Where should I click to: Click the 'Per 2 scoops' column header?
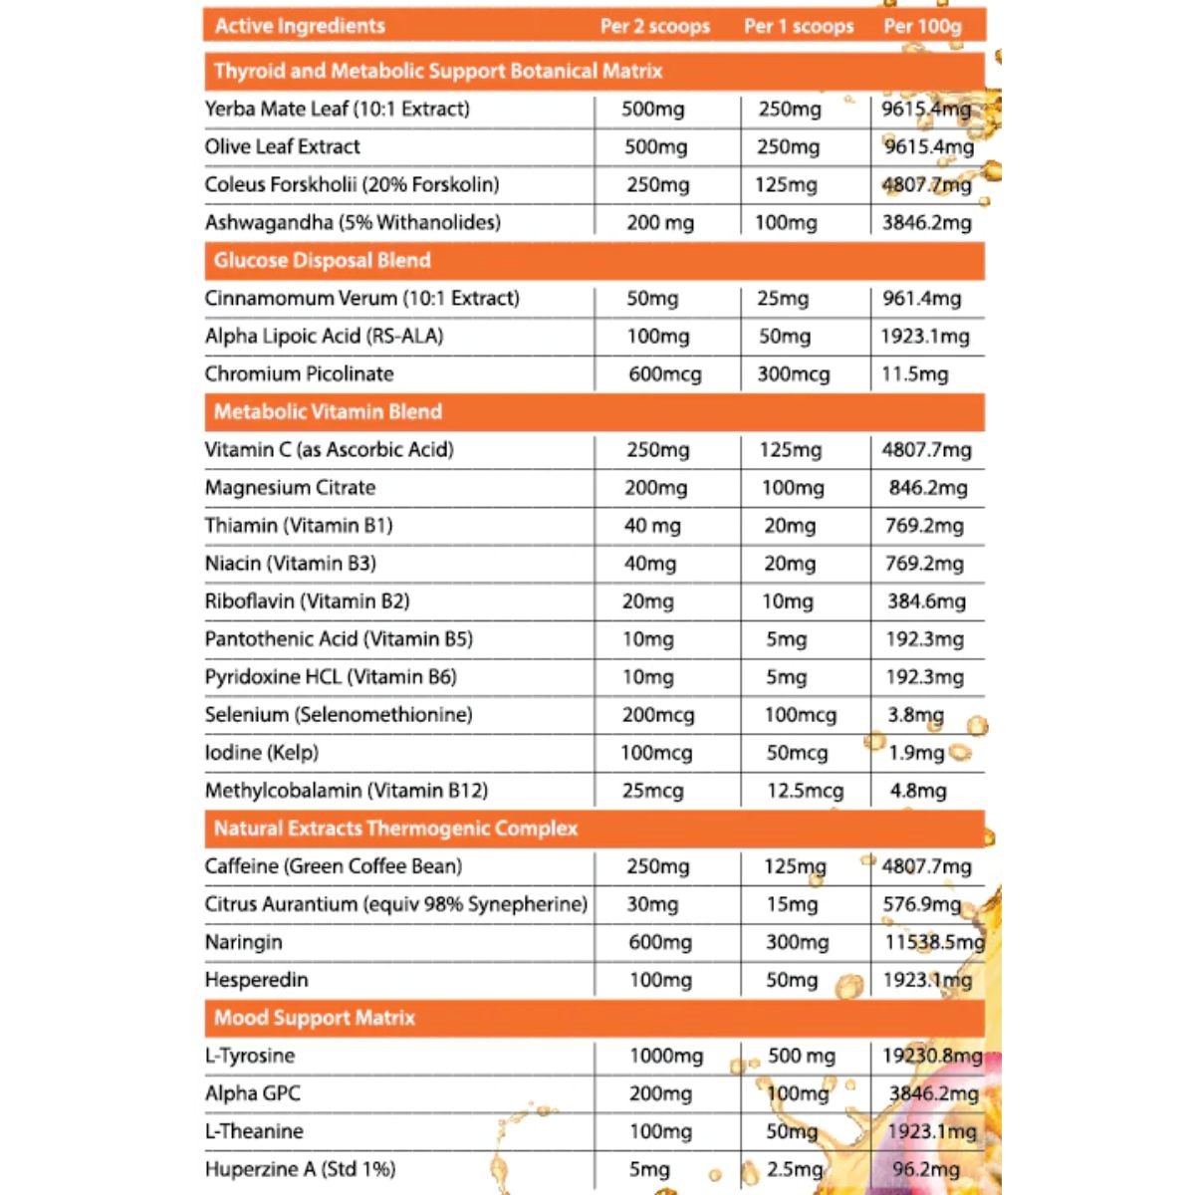tap(654, 26)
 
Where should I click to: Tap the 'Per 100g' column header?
tap(922, 26)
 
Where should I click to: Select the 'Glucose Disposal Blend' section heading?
tap(322, 261)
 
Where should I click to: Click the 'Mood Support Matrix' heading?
tap(314, 1018)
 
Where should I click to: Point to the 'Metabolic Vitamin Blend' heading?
tap(328, 412)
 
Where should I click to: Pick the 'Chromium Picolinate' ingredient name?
tap(299, 374)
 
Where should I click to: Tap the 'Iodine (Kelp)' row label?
tap(261, 753)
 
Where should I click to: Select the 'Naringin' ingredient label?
tap(243, 942)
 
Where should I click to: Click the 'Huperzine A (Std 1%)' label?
tap(300, 1169)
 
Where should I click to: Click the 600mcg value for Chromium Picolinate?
tap(664, 374)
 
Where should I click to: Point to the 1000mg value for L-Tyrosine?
tap(665, 1056)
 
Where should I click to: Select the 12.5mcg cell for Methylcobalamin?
tap(805, 791)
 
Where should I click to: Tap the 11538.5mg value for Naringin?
tap(933, 942)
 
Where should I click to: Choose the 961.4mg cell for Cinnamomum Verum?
tap(921, 299)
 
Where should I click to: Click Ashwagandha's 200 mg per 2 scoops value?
tap(659, 223)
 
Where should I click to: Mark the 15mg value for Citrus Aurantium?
tap(791, 904)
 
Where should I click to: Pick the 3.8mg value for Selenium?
tap(915, 715)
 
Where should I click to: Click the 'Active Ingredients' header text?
tap(300, 26)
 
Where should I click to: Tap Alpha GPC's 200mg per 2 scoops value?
tap(660, 1093)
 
